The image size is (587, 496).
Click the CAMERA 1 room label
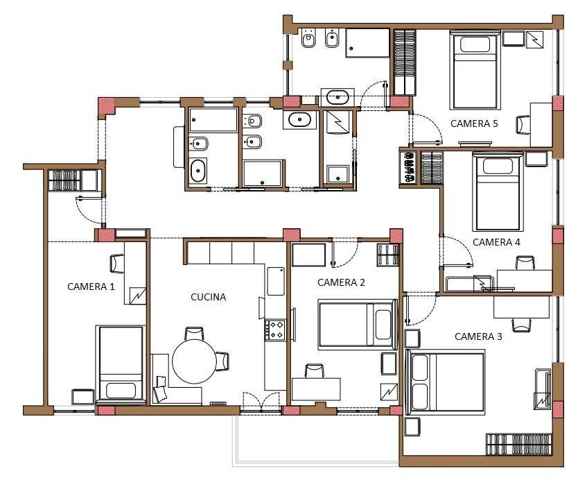click(90, 286)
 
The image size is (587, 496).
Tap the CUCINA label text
click(209, 297)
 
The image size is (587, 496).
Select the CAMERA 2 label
click(341, 282)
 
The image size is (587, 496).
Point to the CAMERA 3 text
click(478, 336)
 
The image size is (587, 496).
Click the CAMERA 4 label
click(496, 242)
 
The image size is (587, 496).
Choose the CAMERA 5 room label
click(474, 124)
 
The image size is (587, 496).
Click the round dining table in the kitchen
click(194, 361)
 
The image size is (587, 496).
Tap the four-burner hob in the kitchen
click(275, 329)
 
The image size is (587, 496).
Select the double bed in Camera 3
click(446, 381)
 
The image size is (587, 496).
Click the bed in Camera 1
click(121, 363)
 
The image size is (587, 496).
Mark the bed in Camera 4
click(498, 191)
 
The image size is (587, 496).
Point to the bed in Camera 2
click(356, 323)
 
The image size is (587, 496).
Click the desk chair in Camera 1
click(116, 263)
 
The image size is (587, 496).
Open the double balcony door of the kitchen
click(261, 403)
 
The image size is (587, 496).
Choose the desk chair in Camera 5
click(522, 123)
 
